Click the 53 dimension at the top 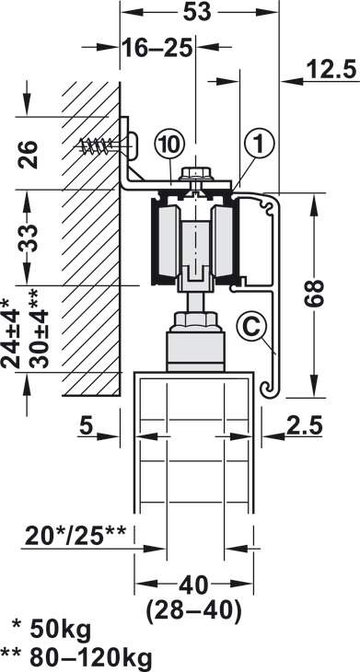[x=197, y=13]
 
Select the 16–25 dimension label [x=157, y=48]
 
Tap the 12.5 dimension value [x=331, y=70]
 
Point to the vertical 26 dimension [x=28, y=154]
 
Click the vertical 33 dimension [x=28, y=237]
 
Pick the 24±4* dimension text [x=11, y=333]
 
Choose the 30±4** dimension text [x=39, y=329]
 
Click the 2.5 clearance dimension [x=304, y=426]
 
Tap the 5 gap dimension [x=87, y=426]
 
